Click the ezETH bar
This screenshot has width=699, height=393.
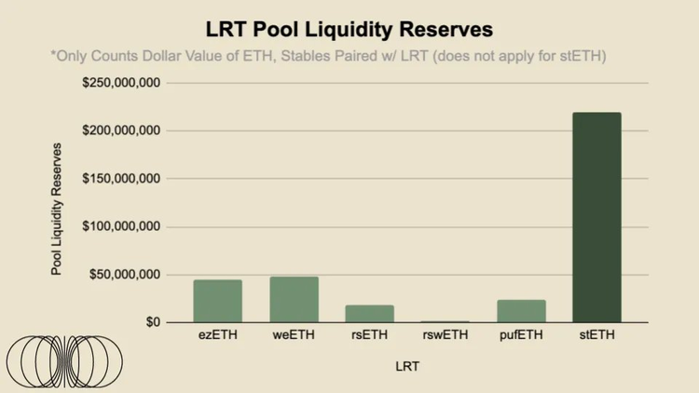[x=218, y=301]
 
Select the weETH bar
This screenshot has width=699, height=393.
[x=295, y=300]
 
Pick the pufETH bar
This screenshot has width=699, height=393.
[x=521, y=311]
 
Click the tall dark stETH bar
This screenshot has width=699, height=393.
[x=596, y=217]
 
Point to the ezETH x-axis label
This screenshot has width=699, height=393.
[x=218, y=335]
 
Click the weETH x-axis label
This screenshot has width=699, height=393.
[x=295, y=335]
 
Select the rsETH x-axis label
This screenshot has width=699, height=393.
[x=370, y=335]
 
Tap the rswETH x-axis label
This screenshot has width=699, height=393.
[x=445, y=335]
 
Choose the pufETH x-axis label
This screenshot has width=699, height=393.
[x=521, y=335]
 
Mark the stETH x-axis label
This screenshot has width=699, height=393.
[x=596, y=335]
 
